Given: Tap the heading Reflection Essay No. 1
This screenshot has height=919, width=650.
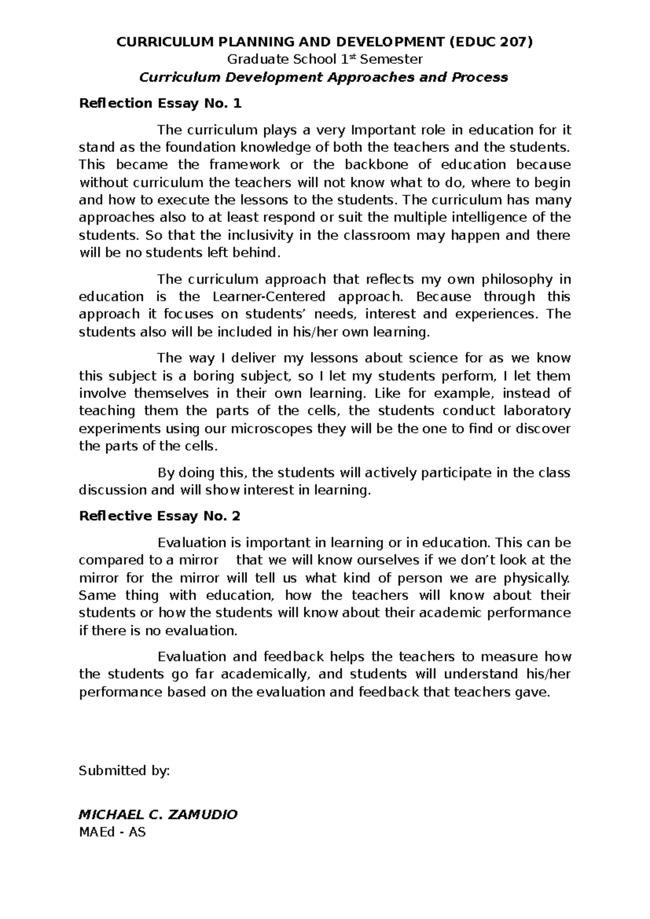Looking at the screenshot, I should click(x=160, y=103).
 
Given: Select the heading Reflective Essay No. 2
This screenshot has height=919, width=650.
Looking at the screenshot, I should click(x=159, y=516).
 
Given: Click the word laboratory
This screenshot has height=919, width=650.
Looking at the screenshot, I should click(x=537, y=411).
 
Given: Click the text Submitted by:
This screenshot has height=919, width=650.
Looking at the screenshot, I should click(x=125, y=771).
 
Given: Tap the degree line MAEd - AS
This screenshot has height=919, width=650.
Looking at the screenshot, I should click(x=112, y=832).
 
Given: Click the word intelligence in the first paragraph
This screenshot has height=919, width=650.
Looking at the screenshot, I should click(x=504, y=218).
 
